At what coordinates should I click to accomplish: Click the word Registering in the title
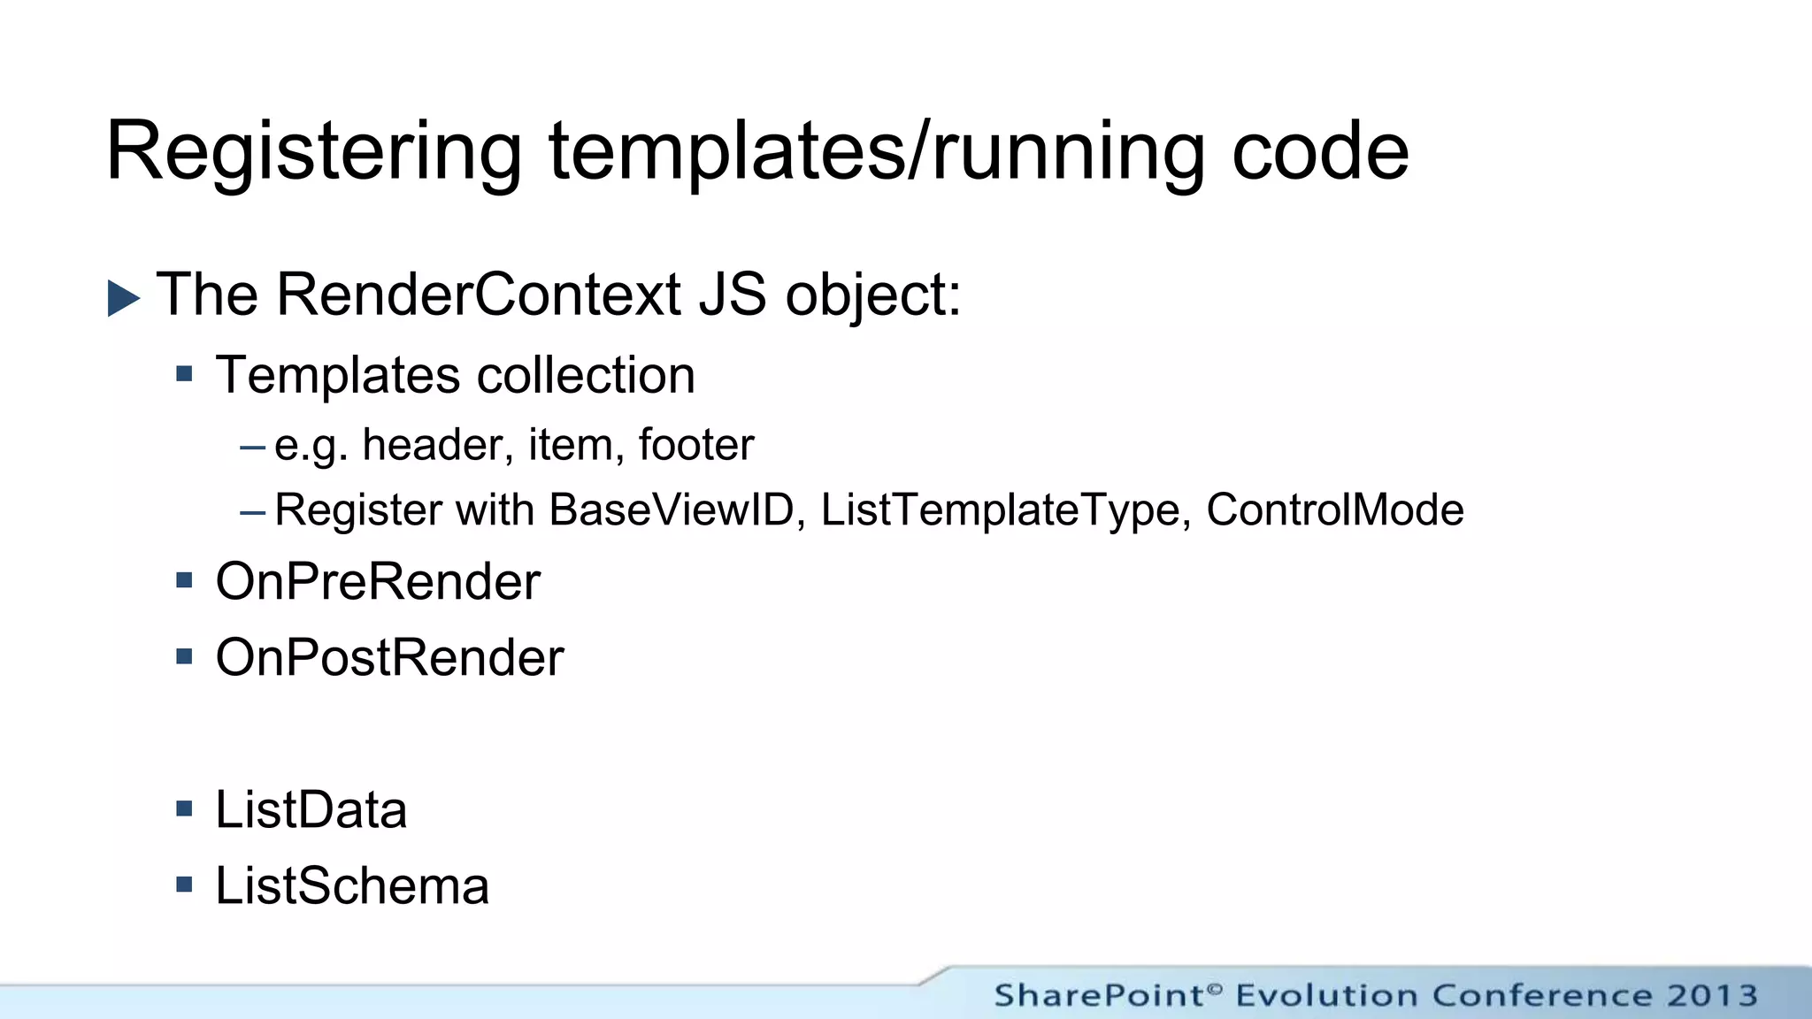[314, 152]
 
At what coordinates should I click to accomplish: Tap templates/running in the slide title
[876, 152]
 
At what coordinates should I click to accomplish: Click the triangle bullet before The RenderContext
[124, 298]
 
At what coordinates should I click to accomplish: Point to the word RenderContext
[479, 294]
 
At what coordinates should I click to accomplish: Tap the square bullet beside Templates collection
[184, 374]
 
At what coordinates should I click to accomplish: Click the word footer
[696, 444]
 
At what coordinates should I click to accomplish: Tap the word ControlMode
[1335, 510]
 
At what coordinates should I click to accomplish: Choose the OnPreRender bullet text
[378, 582]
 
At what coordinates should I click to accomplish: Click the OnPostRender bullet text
[389, 658]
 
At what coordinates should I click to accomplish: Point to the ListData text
[311, 810]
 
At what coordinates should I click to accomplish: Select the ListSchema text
[352, 886]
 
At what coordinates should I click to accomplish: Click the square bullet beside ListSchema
[184, 885]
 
